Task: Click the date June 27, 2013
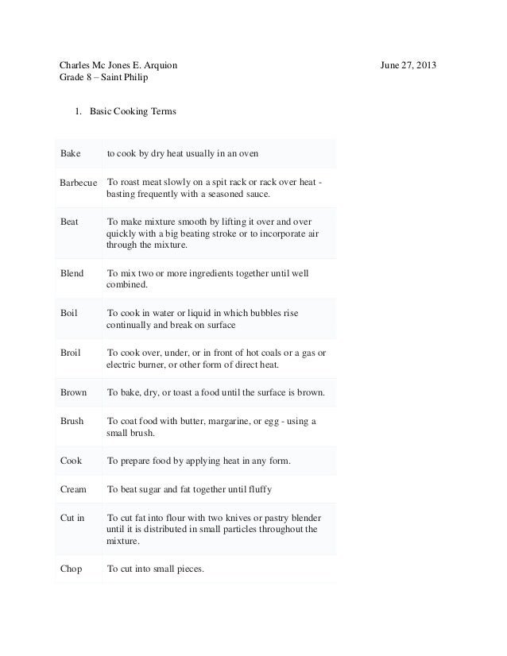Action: tap(413, 64)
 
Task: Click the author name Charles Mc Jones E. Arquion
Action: tap(125, 64)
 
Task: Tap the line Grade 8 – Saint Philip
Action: tap(106, 78)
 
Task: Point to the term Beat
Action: tap(70, 222)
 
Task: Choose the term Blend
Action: tap(72, 273)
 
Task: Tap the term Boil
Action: tap(69, 314)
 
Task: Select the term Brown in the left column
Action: tap(74, 392)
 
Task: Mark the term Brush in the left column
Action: tap(72, 421)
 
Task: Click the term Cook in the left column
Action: tap(72, 461)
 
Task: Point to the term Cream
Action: tap(74, 489)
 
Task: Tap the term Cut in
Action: tap(72, 518)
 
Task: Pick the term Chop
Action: tap(72, 569)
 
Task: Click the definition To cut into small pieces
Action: tap(156, 569)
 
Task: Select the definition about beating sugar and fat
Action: tap(194, 489)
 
